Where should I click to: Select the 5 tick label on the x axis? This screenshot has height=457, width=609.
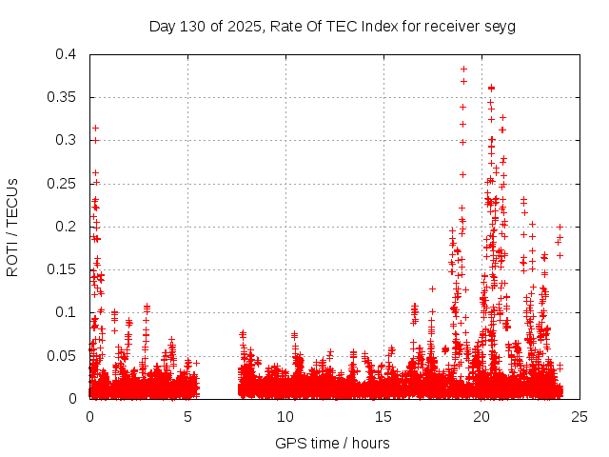pyautogui.click(x=187, y=416)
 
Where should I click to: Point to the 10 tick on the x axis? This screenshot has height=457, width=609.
pyautogui.click(x=285, y=416)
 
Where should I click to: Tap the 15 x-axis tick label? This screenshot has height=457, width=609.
pyautogui.click(x=383, y=416)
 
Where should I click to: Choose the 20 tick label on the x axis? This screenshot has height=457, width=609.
pyautogui.click(x=481, y=416)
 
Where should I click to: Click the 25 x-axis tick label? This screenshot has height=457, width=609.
pyautogui.click(x=580, y=416)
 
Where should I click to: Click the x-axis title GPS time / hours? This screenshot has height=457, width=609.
pyautogui.click(x=332, y=443)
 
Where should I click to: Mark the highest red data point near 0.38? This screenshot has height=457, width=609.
pyautogui.click(x=463, y=69)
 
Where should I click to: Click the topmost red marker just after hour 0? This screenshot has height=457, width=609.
pyautogui.click(x=95, y=128)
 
